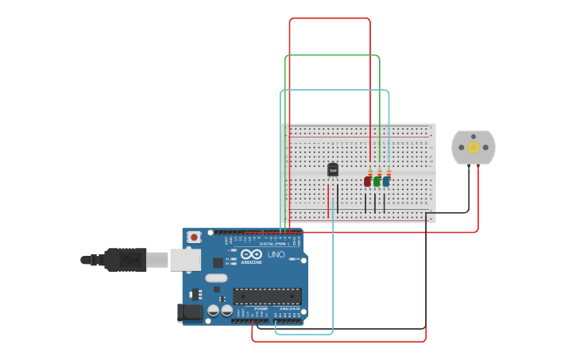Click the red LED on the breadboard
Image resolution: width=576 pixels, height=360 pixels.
(x=367, y=181)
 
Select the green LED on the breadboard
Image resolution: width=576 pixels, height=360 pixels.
(x=377, y=181)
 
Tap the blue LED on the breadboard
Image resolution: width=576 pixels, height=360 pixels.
(x=386, y=181)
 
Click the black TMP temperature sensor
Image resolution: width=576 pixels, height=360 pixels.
(x=333, y=169)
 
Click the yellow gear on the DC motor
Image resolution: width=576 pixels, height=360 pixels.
(x=474, y=147)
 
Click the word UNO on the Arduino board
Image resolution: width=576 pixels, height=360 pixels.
(x=276, y=255)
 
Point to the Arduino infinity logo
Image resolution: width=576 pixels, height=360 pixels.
(x=251, y=254)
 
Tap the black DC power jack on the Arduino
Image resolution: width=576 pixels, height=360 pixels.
(x=191, y=312)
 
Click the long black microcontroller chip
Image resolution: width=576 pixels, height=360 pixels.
(x=267, y=296)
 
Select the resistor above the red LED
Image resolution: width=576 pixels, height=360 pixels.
(x=370, y=172)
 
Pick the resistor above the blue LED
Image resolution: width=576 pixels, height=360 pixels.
(x=389, y=172)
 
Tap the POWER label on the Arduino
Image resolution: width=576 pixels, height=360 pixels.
(x=261, y=308)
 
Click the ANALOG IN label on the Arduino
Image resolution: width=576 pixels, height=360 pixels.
(x=289, y=308)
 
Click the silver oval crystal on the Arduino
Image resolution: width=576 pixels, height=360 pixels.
(x=216, y=278)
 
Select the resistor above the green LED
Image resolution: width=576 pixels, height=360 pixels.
(x=380, y=172)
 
